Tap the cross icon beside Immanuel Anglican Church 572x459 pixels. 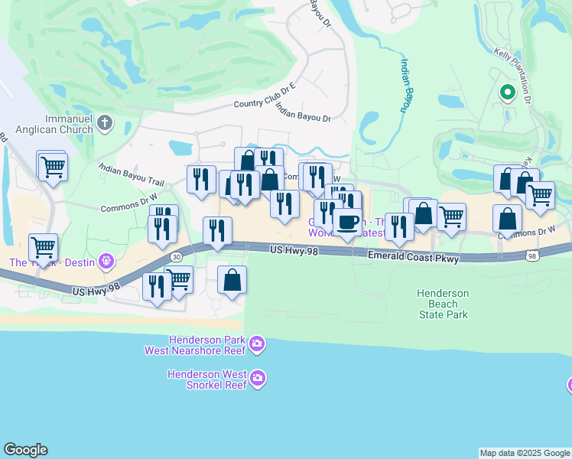point(105,122)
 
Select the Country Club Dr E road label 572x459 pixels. point(264,97)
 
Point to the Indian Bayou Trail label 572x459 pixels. point(132,172)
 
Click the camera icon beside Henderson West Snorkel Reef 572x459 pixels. point(258,377)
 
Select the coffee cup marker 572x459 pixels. point(348,222)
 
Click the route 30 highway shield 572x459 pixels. point(177,257)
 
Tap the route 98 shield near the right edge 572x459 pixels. point(531,257)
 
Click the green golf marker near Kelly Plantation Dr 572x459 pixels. point(507,93)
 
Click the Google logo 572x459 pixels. point(25,450)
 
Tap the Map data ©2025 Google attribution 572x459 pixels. point(525,453)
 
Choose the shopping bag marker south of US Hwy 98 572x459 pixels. point(232,280)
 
